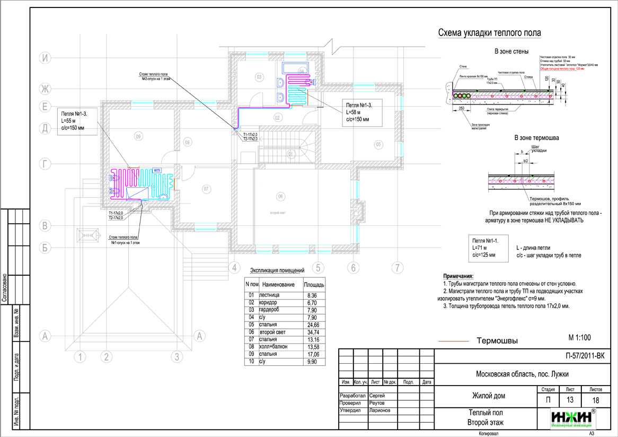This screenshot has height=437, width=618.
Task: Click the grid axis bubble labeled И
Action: (47, 58)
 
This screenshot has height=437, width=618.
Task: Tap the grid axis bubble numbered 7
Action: (397, 268)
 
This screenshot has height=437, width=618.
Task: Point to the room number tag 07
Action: (207, 189)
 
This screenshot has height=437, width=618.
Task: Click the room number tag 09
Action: (138, 137)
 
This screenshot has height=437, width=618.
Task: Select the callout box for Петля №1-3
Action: (77, 121)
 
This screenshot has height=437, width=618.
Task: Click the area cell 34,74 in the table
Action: (313, 331)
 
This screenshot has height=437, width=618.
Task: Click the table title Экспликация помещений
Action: (277, 270)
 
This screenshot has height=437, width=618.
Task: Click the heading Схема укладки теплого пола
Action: (489, 33)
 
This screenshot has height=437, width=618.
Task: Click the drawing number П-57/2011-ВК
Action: (585, 356)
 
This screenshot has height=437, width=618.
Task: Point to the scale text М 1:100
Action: (579, 337)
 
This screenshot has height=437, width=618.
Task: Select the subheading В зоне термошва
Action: (536, 138)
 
